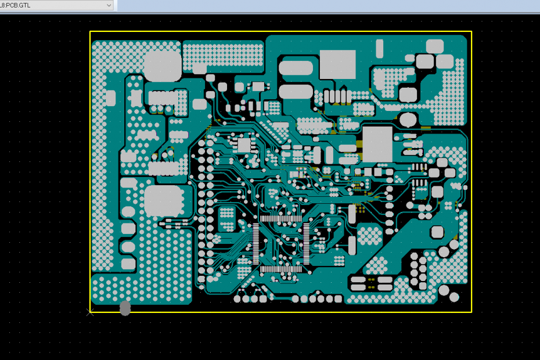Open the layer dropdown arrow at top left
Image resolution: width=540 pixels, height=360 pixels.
click(x=109, y=5)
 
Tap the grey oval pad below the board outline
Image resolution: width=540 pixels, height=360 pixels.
click(x=125, y=308)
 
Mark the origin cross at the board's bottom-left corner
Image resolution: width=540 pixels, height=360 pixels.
click(x=90, y=312)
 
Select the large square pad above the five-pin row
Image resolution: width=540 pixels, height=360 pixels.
click(x=337, y=64)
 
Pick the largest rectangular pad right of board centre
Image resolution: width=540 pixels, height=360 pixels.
click(x=377, y=144)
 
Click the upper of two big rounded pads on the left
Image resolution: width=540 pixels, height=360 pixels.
click(x=163, y=66)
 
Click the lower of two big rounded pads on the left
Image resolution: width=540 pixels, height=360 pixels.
click(x=163, y=201)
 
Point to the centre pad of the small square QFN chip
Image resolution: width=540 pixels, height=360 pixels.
click(x=244, y=145)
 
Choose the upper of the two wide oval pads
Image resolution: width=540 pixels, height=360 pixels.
click(x=296, y=69)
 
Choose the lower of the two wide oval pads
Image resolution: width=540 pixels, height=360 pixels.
click(x=296, y=92)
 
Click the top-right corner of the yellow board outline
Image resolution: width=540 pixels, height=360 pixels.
click(x=471, y=31)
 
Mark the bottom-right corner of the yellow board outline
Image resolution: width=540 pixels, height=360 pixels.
click(x=471, y=312)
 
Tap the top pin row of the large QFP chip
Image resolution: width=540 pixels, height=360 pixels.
click(x=281, y=218)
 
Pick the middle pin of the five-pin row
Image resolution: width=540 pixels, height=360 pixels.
click(x=336, y=95)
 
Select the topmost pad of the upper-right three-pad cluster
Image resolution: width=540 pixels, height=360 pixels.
click(x=435, y=46)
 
